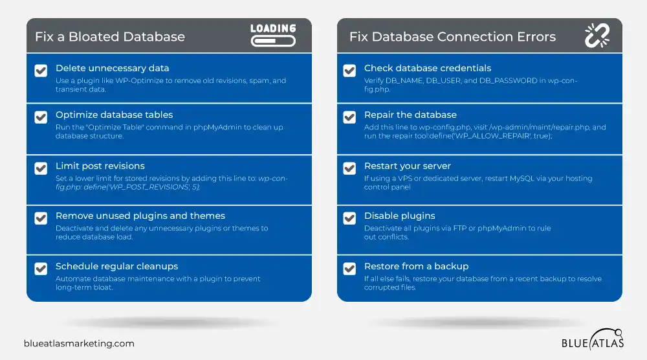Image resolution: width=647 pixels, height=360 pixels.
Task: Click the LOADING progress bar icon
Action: pyautogui.click(x=273, y=35)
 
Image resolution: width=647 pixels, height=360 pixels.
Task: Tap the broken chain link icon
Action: pyautogui.click(x=597, y=36)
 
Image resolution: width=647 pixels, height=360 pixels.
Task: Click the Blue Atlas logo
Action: pyautogui.click(x=593, y=339)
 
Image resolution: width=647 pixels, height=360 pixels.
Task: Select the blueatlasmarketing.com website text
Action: pyautogui.click(x=79, y=343)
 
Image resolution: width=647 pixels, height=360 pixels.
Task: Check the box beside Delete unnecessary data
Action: pyautogui.click(x=41, y=71)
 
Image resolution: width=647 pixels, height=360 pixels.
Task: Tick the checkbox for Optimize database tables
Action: pyautogui.click(x=41, y=117)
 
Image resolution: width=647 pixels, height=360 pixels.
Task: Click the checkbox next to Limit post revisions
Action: pyautogui.click(x=41, y=168)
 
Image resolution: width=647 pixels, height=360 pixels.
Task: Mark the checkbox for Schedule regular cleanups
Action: pyautogui.click(x=41, y=269)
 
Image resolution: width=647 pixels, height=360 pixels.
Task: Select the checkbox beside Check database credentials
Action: pyautogui.click(x=349, y=71)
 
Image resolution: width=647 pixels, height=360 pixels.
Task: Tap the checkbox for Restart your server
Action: pyautogui.click(x=349, y=168)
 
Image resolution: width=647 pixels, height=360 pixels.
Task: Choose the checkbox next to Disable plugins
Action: pyautogui.click(x=349, y=218)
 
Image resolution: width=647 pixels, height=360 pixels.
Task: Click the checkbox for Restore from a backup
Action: pyautogui.click(x=349, y=269)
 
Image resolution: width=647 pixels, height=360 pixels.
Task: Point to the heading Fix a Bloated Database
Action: pyautogui.click(x=110, y=37)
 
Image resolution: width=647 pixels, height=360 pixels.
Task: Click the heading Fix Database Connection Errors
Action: pyautogui.click(x=453, y=37)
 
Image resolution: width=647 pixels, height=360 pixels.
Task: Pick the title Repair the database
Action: pyautogui.click(x=410, y=115)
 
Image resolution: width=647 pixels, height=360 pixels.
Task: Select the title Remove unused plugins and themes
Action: pyautogui.click(x=140, y=216)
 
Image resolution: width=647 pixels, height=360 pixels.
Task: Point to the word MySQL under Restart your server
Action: pyautogui.click(x=522, y=178)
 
